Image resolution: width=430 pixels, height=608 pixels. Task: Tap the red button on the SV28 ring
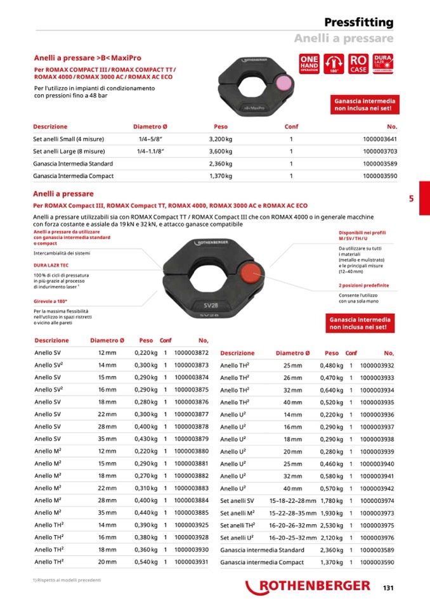click(250, 273)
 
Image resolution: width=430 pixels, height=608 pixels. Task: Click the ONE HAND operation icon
click(309, 64)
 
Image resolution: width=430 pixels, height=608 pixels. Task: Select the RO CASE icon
click(358, 64)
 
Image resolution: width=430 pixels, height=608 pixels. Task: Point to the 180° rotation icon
click(334, 64)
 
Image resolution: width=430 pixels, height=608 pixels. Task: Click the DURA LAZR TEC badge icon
click(384, 64)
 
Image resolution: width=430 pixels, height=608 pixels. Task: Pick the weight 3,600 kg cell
click(221, 151)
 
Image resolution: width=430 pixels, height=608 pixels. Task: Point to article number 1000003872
click(191, 353)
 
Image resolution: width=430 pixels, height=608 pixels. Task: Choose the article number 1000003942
click(377, 488)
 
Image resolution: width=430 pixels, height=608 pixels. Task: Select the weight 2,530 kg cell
click(331, 525)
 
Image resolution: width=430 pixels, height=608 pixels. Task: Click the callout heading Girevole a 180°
click(50, 301)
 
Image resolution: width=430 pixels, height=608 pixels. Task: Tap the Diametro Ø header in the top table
click(150, 127)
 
